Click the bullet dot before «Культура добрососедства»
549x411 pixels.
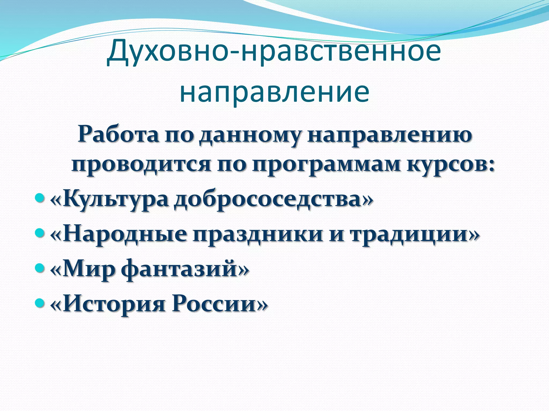tap(39, 198)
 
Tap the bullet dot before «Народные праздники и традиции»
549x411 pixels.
tap(39, 233)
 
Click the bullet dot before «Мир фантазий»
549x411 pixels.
tap(39, 268)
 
